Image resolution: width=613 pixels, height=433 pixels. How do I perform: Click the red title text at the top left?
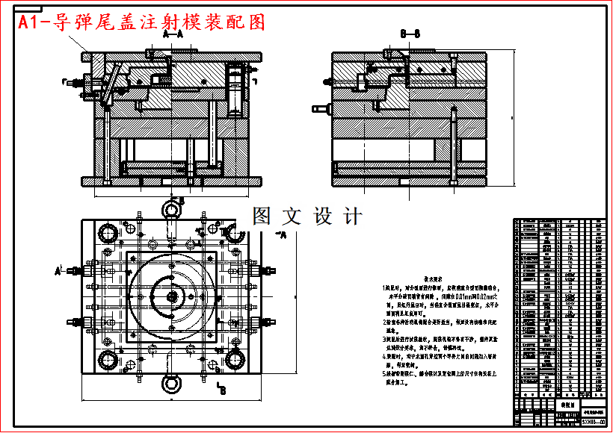point(142,22)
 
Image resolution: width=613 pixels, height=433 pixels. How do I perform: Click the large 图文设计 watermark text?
point(307,216)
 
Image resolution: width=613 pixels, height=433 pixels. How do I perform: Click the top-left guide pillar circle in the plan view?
point(106,233)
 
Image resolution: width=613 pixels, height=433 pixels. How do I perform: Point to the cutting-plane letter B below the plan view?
point(223,390)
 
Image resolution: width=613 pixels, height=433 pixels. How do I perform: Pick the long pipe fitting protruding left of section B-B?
point(323,110)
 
